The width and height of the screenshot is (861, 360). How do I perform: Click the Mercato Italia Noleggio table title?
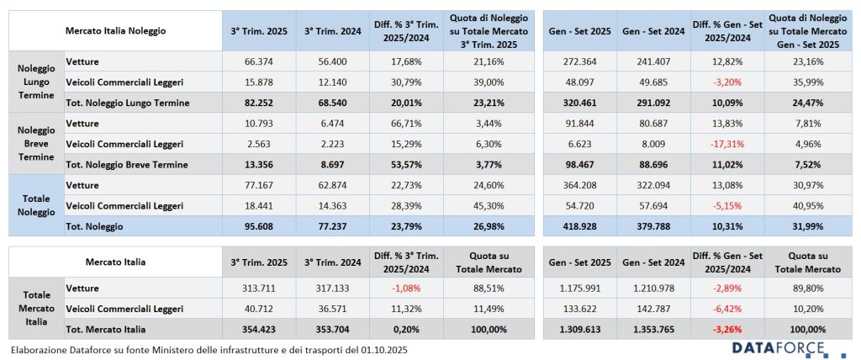115,30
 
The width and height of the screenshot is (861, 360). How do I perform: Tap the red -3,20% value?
727,82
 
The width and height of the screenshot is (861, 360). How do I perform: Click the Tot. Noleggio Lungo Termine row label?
126,103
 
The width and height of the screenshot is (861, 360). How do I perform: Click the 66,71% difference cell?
406,124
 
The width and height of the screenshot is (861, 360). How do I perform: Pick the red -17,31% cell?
726,144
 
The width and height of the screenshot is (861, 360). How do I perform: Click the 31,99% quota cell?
805,226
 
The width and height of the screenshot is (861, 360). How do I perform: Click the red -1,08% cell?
406,288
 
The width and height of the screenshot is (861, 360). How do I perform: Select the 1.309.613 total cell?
578,329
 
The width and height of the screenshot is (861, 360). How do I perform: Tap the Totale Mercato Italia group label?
36,308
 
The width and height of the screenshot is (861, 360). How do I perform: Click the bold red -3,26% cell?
727,329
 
